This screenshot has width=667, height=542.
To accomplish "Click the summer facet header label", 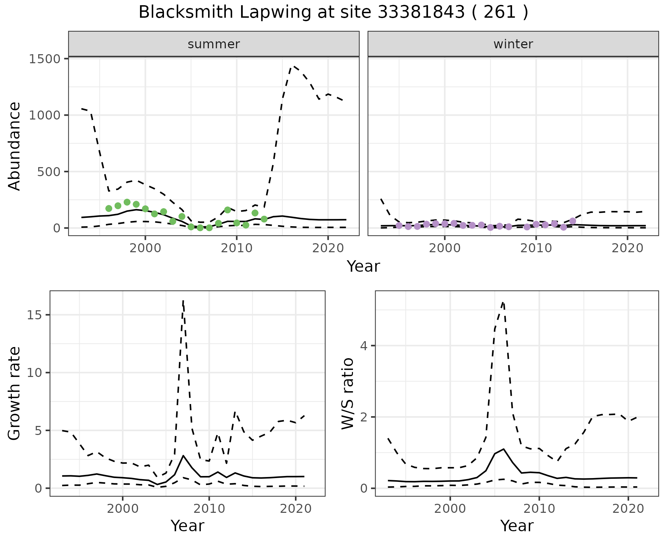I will click(x=214, y=44).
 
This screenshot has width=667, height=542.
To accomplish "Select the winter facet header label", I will click(x=513, y=44).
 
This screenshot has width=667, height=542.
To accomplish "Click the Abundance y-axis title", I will click(x=15, y=146).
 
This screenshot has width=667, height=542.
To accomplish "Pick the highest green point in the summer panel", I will click(x=127, y=202).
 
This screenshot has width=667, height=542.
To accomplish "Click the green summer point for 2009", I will click(x=228, y=210).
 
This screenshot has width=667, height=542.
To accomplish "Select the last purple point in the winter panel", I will click(x=573, y=221).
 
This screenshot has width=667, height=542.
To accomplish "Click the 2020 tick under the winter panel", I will click(x=627, y=248).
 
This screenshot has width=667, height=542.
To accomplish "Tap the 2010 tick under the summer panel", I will click(x=237, y=248).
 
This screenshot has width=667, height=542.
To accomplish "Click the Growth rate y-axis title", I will click(x=15, y=393).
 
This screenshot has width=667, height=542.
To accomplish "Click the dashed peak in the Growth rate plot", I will click(x=183, y=301).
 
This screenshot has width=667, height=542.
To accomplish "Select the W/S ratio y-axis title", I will click(x=347, y=393).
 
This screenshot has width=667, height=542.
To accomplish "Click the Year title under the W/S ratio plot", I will click(x=517, y=526).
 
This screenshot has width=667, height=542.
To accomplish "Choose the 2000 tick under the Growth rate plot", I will click(x=122, y=509).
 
